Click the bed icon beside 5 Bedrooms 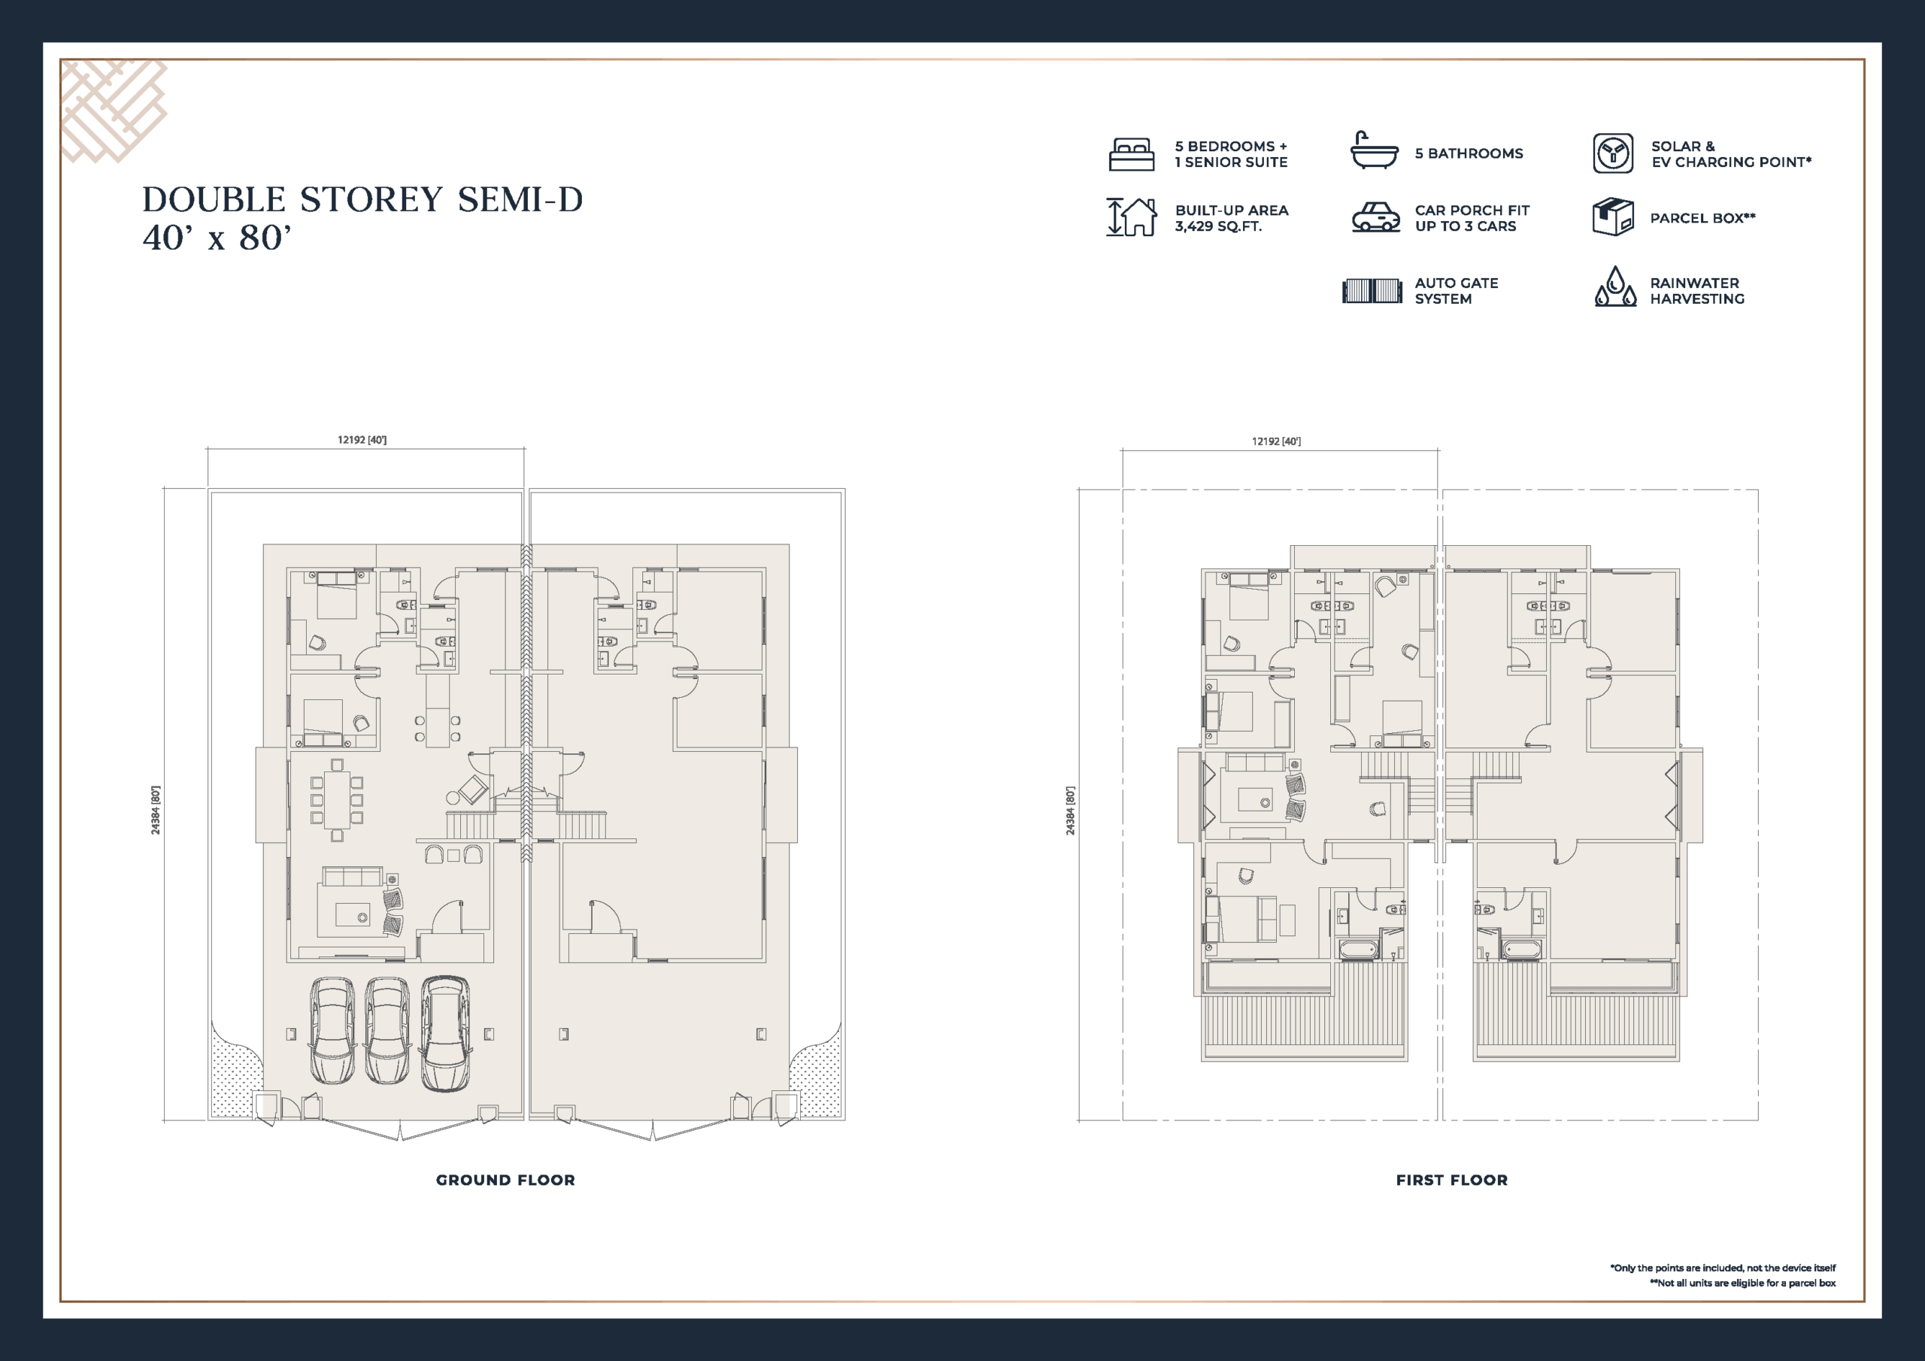(x=1131, y=154)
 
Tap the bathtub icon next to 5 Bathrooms (x=1374, y=151)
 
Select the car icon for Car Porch (x=1376, y=217)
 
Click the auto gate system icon (x=1372, y=291)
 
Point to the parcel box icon (x=1613, y=217)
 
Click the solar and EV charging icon (x=1613, y=153)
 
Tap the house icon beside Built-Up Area (x=1131, y=217)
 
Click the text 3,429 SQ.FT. (x=1218, y=226)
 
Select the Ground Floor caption (x=505, y=1180)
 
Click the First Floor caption (x=1452, y=1180)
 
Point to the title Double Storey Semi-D (x=362, y=199)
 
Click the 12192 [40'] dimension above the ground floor (x=362, y=439)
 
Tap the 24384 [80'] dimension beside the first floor (x=1070, y=810)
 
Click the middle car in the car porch (x=388, y=1031)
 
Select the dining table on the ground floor (x=337, y=799)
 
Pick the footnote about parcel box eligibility (x=1742, y=1283)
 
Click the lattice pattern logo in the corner (x=114, y=111)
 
